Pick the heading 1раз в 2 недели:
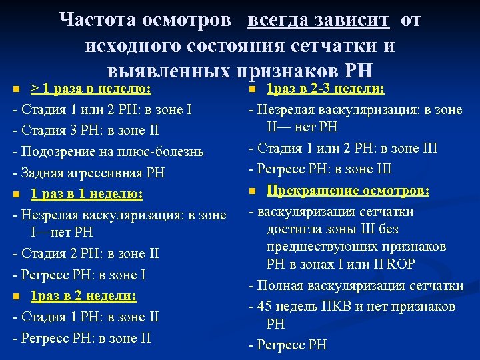(83, 295)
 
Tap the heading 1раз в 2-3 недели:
(329, 89)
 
